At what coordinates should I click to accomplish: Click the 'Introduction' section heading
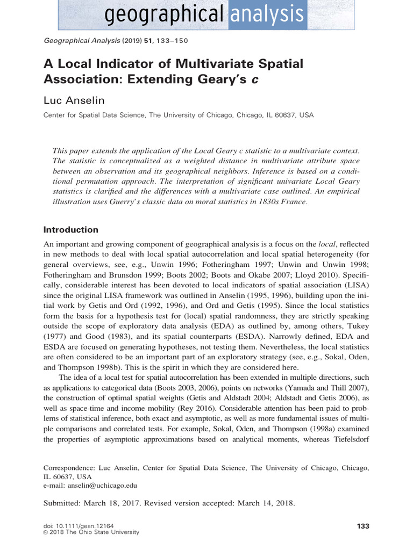point(70,229)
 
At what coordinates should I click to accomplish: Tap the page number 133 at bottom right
point(363,525)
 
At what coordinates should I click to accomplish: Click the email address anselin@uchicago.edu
point(102,485)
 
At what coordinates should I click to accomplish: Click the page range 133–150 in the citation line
point(172,40)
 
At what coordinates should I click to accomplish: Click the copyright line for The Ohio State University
point(91,532)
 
